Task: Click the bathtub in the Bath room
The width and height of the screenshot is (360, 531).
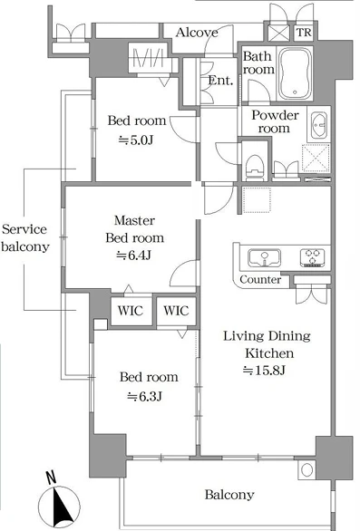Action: pyautogui.click(x=295, y=73)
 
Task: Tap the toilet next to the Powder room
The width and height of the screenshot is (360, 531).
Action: pyautogui.click(x=255, y=167)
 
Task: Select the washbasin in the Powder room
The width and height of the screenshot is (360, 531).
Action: pyautogui.click(x=318, y=125)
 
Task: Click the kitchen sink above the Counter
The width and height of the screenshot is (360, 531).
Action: pyautogui.click(x=264, y=258)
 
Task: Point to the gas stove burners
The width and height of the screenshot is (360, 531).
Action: pyautogui.click(x=312, y=257)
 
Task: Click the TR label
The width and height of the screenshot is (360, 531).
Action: pyautogui.click(x=304, y=33)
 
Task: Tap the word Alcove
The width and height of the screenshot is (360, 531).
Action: pyautogui.click(x=197, y=33)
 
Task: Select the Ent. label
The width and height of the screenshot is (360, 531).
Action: pyautogui.click(x=220, y=81)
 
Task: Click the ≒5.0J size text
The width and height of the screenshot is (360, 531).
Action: pyautogui.click(x=136, y=140)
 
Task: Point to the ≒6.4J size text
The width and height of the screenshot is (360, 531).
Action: pyautogui.click(x=133, y=255)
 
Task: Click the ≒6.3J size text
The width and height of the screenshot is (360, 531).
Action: pyautogui.click(x=144, y=396)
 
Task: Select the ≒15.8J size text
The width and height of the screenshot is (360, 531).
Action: pyautogui.click(x=264, y=371)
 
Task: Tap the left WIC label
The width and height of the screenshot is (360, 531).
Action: pyautogui.click(x=131, y=310)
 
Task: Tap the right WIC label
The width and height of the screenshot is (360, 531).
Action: pyautogui.click(x=176, y=310)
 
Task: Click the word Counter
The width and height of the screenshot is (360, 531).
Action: pyautogui.click(x=260, y=279)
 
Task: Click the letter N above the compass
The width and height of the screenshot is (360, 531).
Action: pyautogui.click(x=51, y=478)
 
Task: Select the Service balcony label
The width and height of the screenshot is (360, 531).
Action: pyautogui.click(x=25, y=237)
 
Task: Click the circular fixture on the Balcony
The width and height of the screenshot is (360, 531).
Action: pyautogui.click(x=307, y=470)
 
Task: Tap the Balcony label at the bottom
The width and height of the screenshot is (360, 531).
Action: pyautogui.click(x=229, y=495)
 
